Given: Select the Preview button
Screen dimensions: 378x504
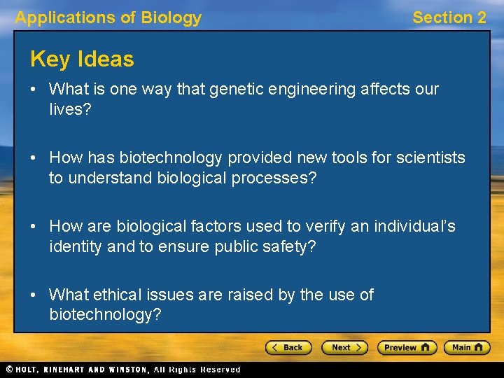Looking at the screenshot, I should point(407,347).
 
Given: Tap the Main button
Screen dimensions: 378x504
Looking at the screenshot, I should point(467,347).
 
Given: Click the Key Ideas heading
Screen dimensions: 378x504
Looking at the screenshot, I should point(82,59).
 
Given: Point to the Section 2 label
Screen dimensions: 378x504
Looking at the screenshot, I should point(449,17).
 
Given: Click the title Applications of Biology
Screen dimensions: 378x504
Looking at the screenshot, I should point(108,17).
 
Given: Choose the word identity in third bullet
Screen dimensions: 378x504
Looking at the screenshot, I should point(73,246).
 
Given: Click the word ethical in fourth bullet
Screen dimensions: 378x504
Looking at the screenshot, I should point(118,295).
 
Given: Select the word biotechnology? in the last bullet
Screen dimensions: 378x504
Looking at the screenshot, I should point(105,315).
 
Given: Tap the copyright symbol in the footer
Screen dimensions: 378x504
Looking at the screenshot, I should point(8,369).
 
